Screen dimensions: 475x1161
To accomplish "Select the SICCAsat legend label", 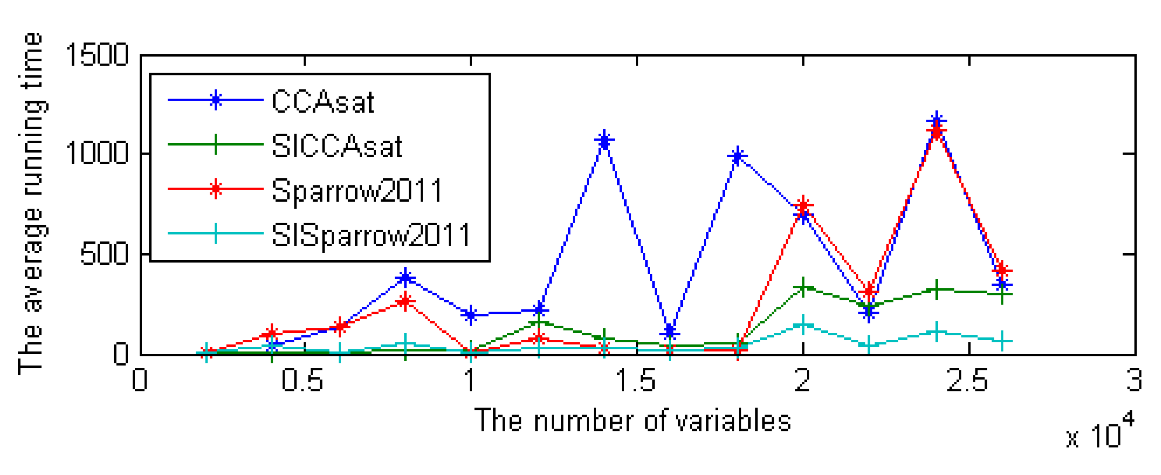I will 336,146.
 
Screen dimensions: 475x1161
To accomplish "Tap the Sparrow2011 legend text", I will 357,190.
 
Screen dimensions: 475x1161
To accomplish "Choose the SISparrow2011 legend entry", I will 371,234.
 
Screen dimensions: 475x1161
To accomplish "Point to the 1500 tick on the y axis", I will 97,55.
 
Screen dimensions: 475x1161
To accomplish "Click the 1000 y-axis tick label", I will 97,153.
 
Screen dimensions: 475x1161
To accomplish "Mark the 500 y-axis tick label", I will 104,254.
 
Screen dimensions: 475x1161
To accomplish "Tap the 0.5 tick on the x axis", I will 302,380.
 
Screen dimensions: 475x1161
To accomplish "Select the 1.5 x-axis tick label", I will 635,380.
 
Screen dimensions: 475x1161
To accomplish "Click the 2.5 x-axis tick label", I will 967,380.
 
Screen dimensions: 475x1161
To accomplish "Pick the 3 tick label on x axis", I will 1134,380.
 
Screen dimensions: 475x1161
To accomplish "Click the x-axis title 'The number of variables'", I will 633,420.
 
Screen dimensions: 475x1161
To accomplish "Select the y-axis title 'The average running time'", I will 32,204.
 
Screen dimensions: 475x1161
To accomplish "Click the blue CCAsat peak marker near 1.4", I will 604,140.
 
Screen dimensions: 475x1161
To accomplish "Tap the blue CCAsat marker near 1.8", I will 737,156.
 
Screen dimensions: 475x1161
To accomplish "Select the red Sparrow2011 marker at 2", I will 803,205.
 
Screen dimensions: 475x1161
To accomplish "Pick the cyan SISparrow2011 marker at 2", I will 803,324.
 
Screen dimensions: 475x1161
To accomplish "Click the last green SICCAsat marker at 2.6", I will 1002,294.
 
